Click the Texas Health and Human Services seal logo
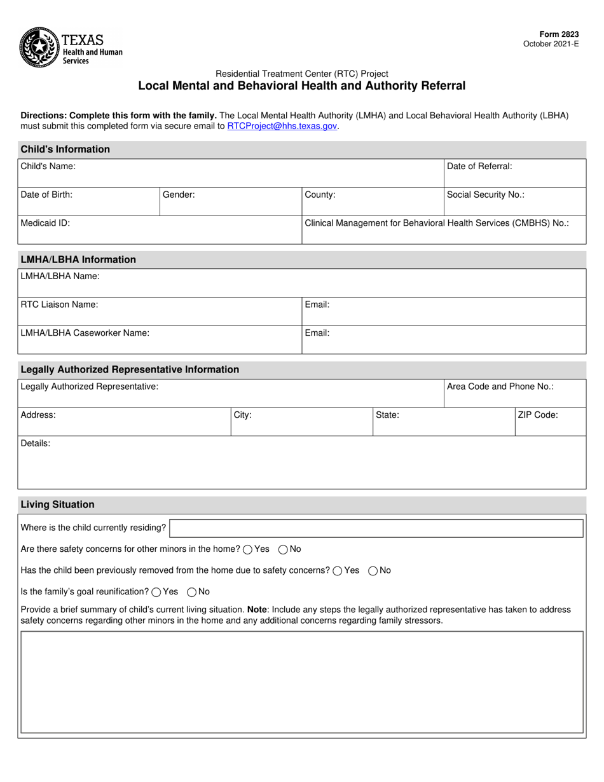[x=39, y=48]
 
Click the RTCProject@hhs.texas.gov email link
[x=282, y=126]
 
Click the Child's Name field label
[x=48, y=167]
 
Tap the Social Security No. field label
[x=486, y=195]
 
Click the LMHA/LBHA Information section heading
[x=78, y=259]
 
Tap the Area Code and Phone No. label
[x=500, y=387]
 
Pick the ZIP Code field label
[x=537, y=415]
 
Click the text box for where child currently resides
[x=376, y=528]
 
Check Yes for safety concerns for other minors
[x=248, y=549]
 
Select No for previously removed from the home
[x=373, y=571]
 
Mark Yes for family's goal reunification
[x=156, y=592]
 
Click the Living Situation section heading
[x=57, y=505]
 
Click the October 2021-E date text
[x=551, y=44]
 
